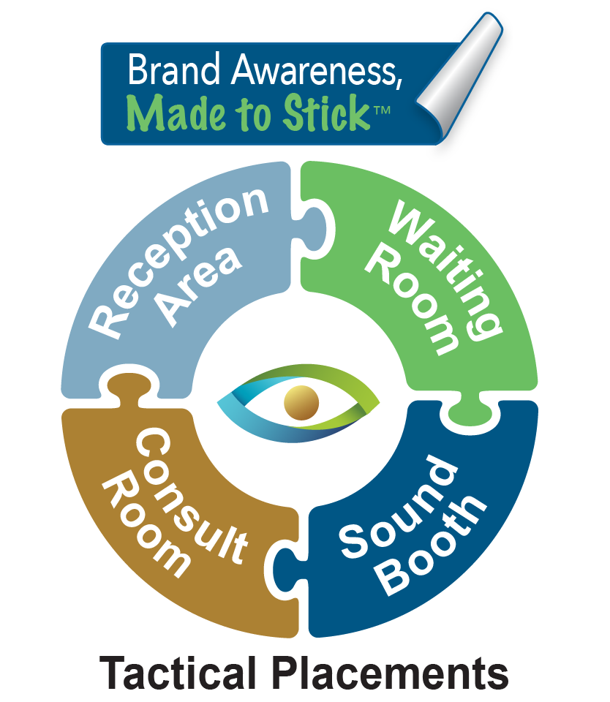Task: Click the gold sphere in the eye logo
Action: click(x=301, y=403)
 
